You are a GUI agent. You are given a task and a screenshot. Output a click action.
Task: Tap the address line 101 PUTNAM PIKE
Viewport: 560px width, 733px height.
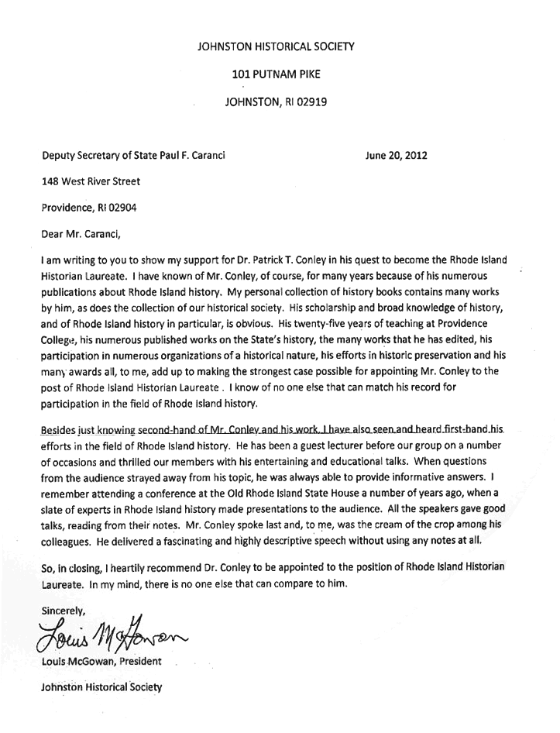[x=275, y=75]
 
